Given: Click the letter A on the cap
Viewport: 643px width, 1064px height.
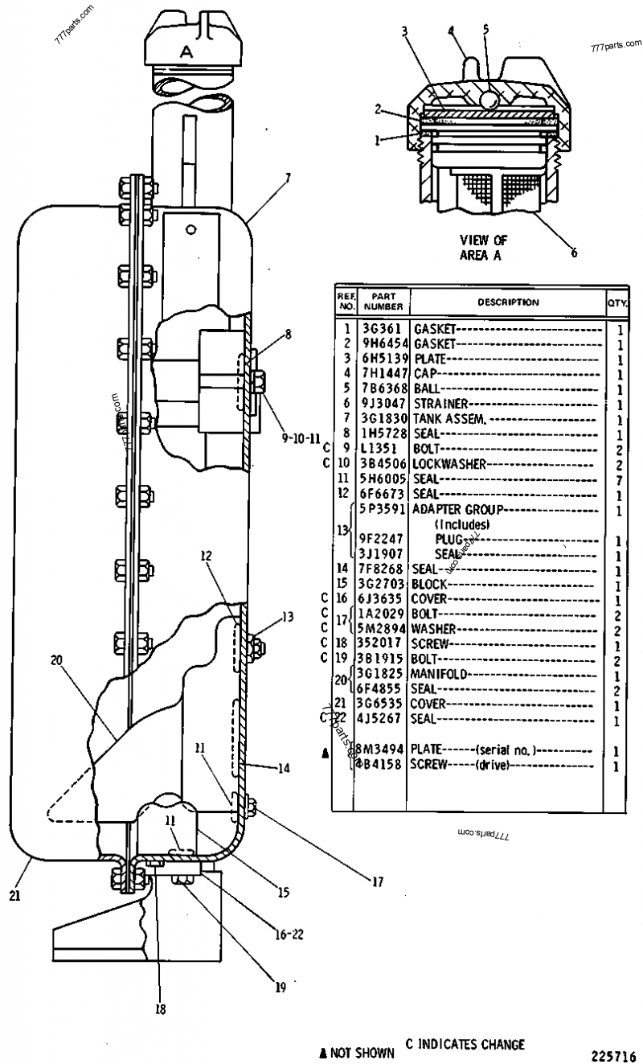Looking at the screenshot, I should coord(186,51).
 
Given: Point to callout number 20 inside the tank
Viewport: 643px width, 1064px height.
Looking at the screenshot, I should coord(56,659).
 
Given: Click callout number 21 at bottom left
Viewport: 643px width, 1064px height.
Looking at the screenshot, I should coord(15,894).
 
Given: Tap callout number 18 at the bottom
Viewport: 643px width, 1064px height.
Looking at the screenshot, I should coord(161,1009).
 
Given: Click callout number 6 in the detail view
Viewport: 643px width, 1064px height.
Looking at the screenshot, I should coord(574,252).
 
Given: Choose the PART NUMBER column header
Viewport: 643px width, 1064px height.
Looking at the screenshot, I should coord(383,302).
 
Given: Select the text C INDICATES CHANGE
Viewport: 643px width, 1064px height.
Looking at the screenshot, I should coord(465,1045).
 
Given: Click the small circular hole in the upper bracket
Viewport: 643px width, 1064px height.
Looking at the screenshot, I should coord(190,229).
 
